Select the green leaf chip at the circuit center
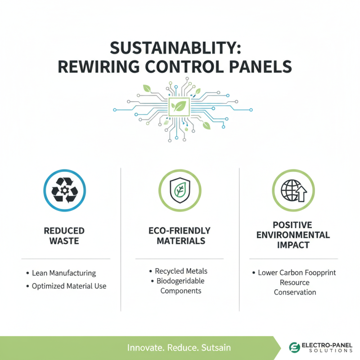point(180,107)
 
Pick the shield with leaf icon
point(179,190)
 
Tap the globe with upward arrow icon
point(293,190)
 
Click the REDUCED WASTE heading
point(64,236)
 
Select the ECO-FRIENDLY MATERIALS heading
point(180,236)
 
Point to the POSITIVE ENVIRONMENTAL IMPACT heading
point(294,234)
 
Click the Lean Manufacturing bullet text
point(64,273)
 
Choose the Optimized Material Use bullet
point(69,286)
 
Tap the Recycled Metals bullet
point(181,271)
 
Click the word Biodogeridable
point(180,281)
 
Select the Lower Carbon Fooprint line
point(297,273)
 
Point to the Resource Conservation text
point(295,288)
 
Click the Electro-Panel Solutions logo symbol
point(295,347)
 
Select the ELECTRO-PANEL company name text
point(327,344)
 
